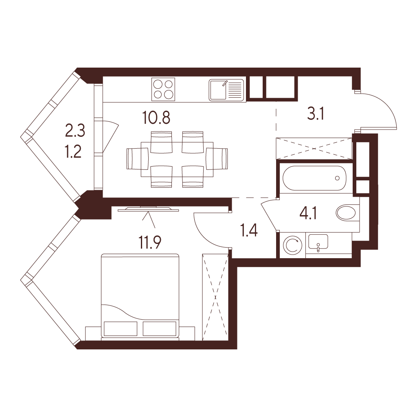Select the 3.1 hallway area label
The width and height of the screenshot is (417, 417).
coord(315,114)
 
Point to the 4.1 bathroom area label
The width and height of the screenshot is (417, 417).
coord(308,213)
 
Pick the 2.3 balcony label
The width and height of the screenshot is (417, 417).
coord(75,131)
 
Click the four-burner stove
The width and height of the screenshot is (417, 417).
coord(163,89)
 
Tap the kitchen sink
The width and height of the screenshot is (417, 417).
coord(226,90)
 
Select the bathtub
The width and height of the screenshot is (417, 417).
coord(314,178)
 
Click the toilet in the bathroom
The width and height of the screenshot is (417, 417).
coord(347,213)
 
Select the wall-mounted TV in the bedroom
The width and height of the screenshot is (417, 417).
coord(148,210)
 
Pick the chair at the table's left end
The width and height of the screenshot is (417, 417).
coord(137,159)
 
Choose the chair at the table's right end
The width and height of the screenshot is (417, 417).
coord(217,159)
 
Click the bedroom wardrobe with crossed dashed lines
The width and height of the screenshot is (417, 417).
coord(215,296)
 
